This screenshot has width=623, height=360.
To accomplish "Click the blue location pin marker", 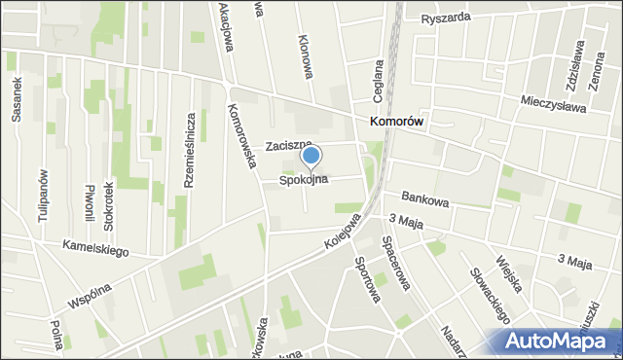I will [311, 156].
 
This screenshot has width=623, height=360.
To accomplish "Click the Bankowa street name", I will [425, 201].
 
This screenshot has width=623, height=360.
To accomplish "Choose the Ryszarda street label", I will [447, 18].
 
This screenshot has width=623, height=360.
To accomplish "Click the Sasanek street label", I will [17, 98].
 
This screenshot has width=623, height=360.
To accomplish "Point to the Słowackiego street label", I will [490, 296].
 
